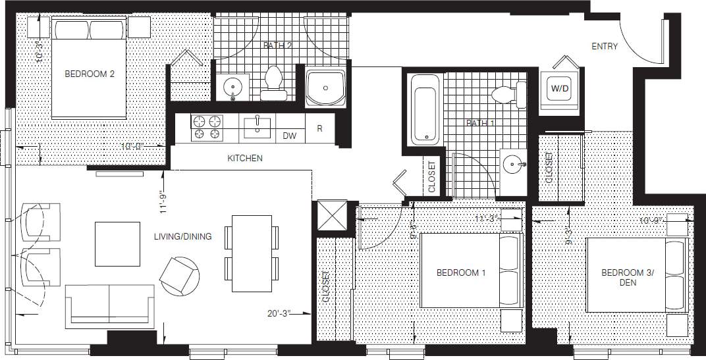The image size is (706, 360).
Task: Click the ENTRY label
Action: [605, 46]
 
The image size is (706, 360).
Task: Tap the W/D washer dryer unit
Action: [559, 87]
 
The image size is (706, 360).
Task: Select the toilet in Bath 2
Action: [273, 84]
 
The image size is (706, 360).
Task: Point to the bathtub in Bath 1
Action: [425, 109]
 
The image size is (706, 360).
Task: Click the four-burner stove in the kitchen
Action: [207, 128]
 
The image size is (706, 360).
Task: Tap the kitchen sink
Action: [258, 127]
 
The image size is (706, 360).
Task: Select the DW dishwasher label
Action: [289, 136]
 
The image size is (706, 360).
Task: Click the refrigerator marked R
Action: [320, 128]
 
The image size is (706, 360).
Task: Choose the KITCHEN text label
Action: [245, 159]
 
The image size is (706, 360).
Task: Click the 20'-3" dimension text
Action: [280, 313]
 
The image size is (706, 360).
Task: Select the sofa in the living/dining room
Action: [109, 306]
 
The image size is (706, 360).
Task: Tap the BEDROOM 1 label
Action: [461, 272]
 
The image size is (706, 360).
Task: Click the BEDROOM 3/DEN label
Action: [622, 276]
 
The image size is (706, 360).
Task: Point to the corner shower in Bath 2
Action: [325, 88]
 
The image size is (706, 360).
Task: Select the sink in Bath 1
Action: [513, 165]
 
